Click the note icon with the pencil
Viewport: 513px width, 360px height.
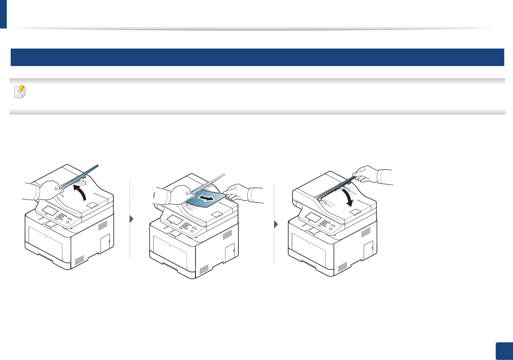point(20,92)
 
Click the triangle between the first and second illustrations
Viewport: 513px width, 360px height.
point(131,219)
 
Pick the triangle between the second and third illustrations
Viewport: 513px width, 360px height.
point(276,224)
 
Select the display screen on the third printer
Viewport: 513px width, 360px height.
point(313,217)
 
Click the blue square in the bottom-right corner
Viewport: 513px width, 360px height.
point(504,351)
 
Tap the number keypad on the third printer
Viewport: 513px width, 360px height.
point(324,223)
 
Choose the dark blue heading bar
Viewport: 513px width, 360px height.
point(257,57)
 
